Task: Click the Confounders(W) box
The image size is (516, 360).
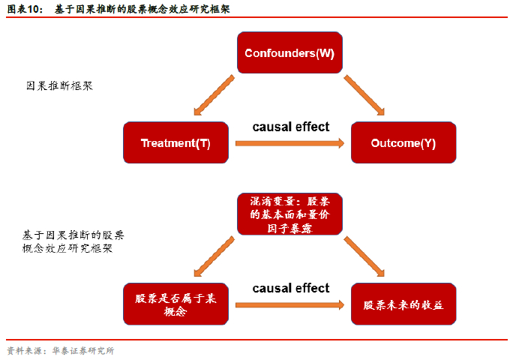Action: (x=289, y=52)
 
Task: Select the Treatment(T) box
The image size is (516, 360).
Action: (x=175, y=142)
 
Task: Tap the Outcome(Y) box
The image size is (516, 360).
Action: (x=403, y=142)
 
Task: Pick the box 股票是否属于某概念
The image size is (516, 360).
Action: (x=175, y=304)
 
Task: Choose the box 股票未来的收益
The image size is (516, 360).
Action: (x=403, y=304)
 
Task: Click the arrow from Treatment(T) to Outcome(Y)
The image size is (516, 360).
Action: (x=289, y=142)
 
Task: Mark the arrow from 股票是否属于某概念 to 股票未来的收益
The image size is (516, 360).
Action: (x=289, y=304)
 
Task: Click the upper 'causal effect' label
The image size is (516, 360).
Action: (x=291, y=127)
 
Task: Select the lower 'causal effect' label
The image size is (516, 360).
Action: (x=291, y=288)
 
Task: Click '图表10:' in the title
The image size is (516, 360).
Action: (x=24, y=9)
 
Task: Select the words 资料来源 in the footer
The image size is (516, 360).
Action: (x=23, y=350)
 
